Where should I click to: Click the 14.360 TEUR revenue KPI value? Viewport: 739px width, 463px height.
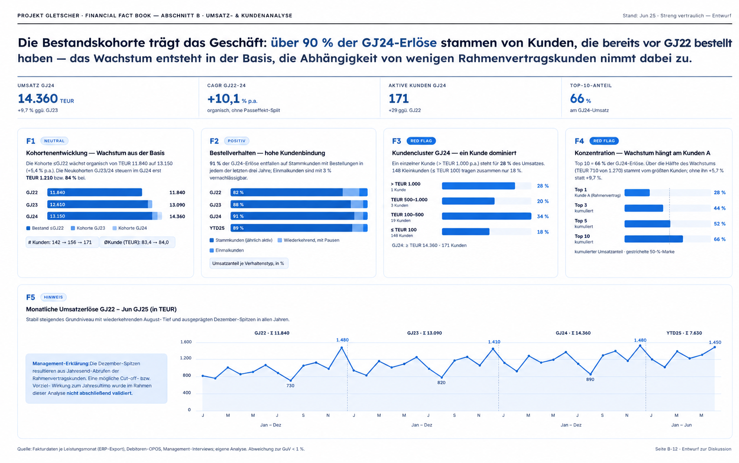coord(46,98)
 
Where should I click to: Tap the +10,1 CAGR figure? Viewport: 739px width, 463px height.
coord(223,98)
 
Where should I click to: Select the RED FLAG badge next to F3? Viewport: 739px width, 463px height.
coord(421,141)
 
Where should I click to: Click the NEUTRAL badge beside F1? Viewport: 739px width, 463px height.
coord(55,141)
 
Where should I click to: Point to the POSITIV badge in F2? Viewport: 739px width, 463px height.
coord(237,141)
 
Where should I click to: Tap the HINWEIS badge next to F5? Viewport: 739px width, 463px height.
coord(54,297)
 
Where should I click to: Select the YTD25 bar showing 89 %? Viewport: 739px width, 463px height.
coord(299,228)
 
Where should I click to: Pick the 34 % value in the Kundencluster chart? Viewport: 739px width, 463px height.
coord(543,216)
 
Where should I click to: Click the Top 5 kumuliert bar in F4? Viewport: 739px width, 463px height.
coord(647,224)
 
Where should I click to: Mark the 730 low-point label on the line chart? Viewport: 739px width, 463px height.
coord(290,386)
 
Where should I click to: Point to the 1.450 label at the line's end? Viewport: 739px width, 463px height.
coord(715,342)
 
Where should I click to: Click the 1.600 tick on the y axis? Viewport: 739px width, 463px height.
coord(186,342)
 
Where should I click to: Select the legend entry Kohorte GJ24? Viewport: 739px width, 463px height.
coord(130,228)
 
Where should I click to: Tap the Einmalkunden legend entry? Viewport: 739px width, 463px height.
coord(227,250)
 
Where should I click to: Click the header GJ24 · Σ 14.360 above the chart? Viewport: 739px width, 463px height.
coord(573,333)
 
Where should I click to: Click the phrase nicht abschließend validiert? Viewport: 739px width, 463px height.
coord(99,393)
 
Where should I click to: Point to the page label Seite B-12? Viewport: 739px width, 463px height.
coord(666,449)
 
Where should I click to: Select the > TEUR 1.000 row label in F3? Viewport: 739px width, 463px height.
coord(405,184)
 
